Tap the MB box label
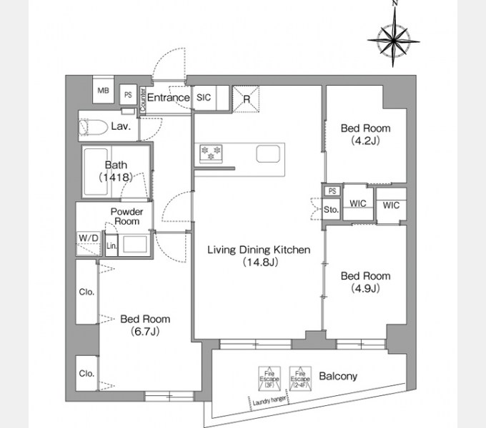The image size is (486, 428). (x=104, y=91)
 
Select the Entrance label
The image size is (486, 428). (x=168, y=98)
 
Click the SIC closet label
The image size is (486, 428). (x=203, y=98)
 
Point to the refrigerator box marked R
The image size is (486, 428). (x=246, y=99)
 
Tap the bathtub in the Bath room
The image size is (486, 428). (x=98, y=172)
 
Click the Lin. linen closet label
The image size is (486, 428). (x=111, y=246)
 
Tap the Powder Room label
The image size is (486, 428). (x=126, y=217)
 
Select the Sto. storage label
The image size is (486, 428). (x=331, y=210)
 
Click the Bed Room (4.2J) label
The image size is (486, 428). (x=365, y=134)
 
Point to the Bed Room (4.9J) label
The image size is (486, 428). (x=365, y=282)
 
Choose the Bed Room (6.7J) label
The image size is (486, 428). (x=145, y=325)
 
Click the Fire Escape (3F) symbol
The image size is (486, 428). (x=269, y=376)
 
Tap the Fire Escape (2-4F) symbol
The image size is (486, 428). (x=299, y=376)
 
